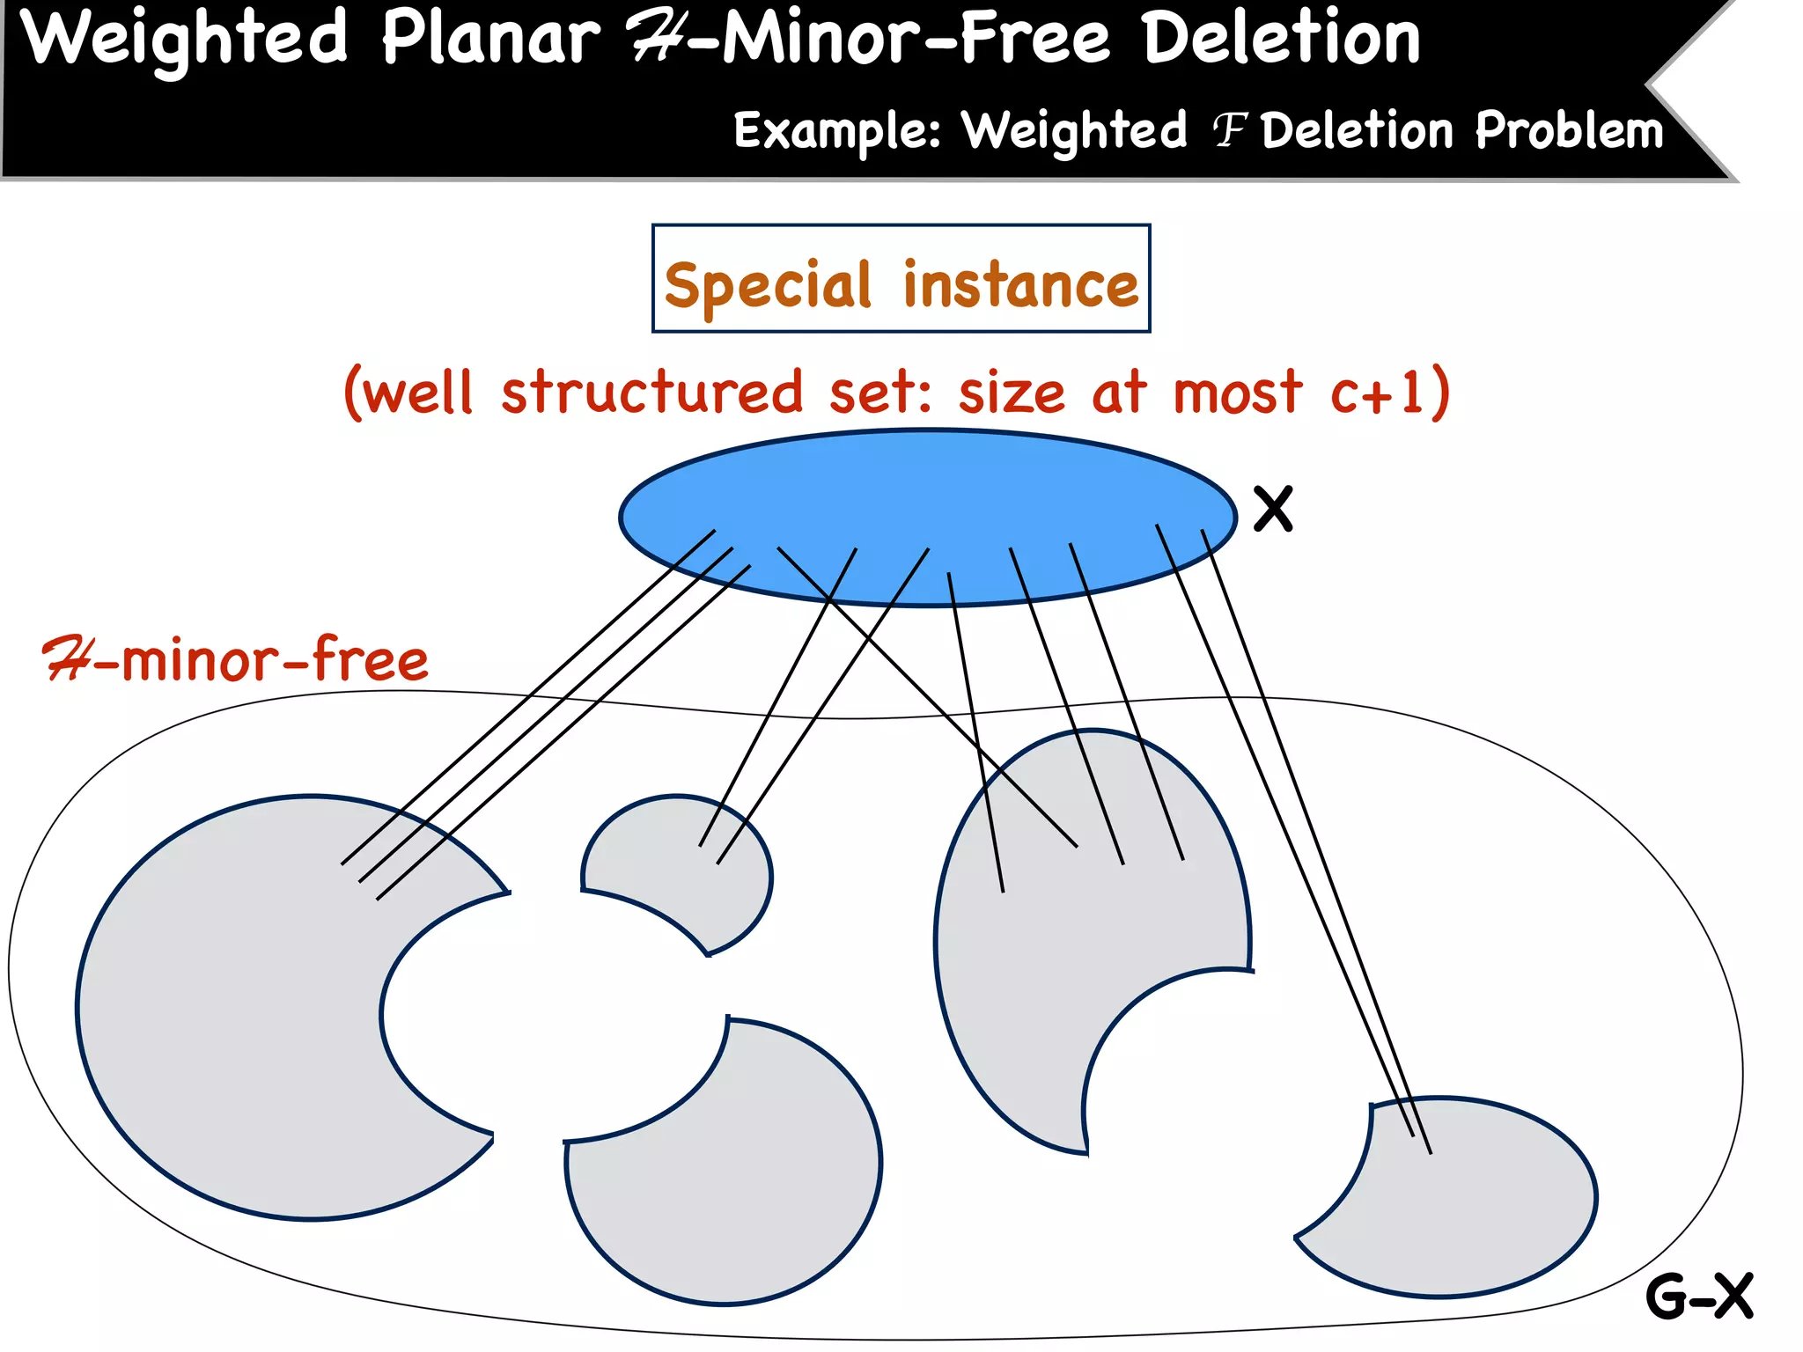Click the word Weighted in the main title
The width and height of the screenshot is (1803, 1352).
[185, 40]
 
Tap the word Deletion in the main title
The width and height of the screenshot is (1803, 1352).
[1281, 40]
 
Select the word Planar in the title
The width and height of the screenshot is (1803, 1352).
[490, 40]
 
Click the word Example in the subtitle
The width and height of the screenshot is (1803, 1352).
[836, 132]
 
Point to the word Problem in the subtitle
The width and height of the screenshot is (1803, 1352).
[1569, 132]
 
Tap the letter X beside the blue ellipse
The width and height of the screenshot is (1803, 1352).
[1273, 509]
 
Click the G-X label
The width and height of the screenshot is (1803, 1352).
[1699, 1296]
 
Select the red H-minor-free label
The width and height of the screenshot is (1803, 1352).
[236, 660]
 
